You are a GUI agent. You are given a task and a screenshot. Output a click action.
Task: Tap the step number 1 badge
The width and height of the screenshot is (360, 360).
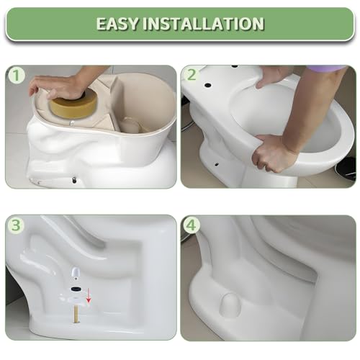(x=17, y=75)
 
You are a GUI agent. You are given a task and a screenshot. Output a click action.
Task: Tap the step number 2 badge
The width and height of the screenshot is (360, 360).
(x=192, y=75)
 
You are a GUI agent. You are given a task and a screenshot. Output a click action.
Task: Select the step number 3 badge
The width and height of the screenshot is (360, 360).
(x=17, y=225)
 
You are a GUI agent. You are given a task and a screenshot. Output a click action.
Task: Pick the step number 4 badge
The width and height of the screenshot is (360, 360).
(x=192, y=225)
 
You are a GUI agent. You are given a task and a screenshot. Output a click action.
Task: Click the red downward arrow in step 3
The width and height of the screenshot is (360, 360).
(x=89, y=296)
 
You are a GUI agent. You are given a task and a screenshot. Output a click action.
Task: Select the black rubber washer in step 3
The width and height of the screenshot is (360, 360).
(x=76, y=289)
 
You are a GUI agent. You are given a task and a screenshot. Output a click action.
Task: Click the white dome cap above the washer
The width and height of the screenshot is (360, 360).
(x=76, y=272)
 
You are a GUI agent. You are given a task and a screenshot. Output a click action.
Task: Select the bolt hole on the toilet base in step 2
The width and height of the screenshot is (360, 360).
(x=217, y=164)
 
